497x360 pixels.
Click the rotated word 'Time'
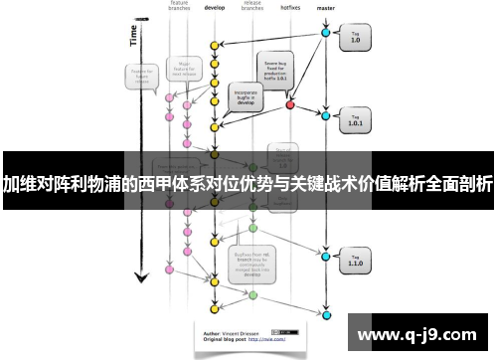click(x=134, y=36)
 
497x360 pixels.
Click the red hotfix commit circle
click(x=290, y=103)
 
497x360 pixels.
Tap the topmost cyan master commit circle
click(x=325, y=33)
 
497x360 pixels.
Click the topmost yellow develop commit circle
click(x=214, y=45)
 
